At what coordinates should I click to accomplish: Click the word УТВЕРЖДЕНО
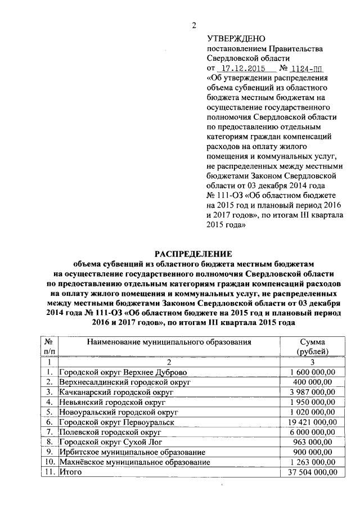pos(236,38)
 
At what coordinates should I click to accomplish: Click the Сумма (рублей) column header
pos(312,346)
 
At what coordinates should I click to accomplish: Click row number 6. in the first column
pos(50,422)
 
